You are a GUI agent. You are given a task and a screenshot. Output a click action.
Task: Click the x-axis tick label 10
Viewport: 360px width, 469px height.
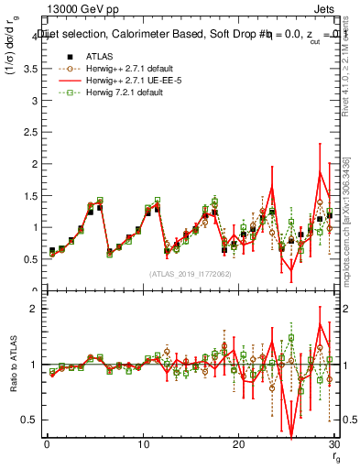tap(142, 444)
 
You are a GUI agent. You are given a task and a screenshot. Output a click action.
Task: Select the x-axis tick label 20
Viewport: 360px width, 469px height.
tap(238, 444)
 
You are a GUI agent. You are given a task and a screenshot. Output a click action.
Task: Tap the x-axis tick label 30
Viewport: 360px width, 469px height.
tap(333, 444)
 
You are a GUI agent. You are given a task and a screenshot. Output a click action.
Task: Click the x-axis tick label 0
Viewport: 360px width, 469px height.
tap(47, 444)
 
